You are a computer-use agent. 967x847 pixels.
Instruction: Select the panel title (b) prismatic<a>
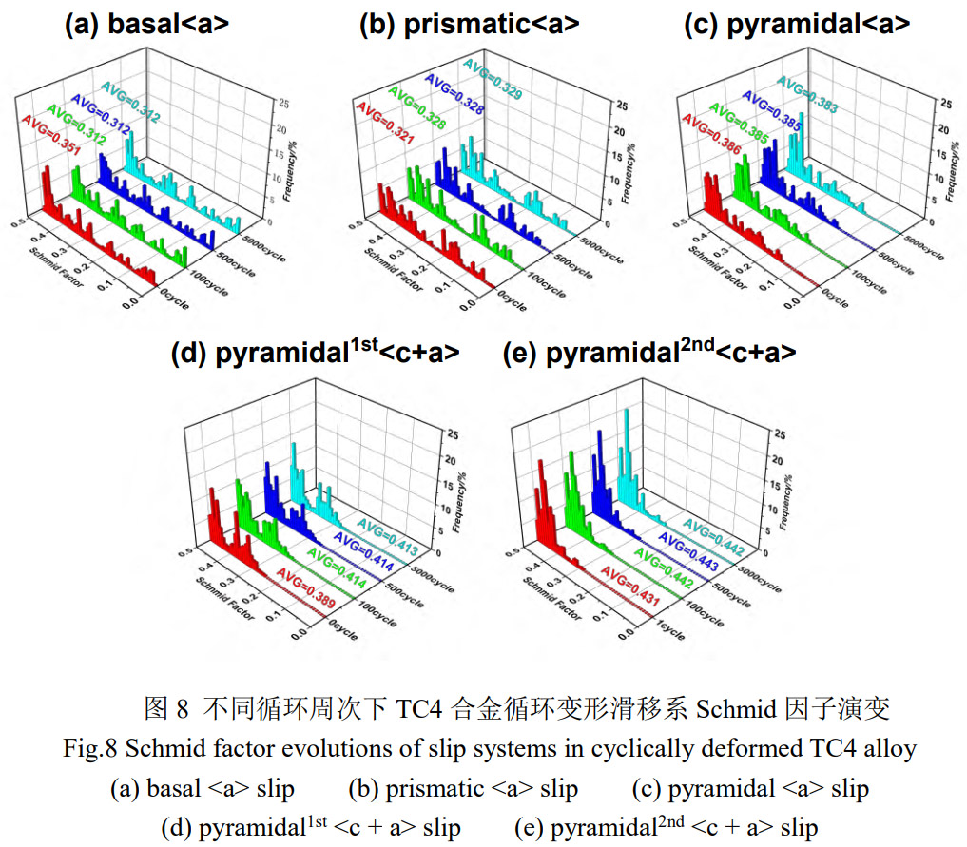pyautogui.click(x=469, y=25)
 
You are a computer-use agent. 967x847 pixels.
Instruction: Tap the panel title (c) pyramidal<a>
pyautogui.click(x=797, y=25)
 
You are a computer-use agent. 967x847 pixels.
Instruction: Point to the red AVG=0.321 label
pyautogui.click(x=381, y=125)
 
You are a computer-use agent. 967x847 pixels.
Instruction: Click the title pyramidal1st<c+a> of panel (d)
pyautogui.click(x=315, y=353)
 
